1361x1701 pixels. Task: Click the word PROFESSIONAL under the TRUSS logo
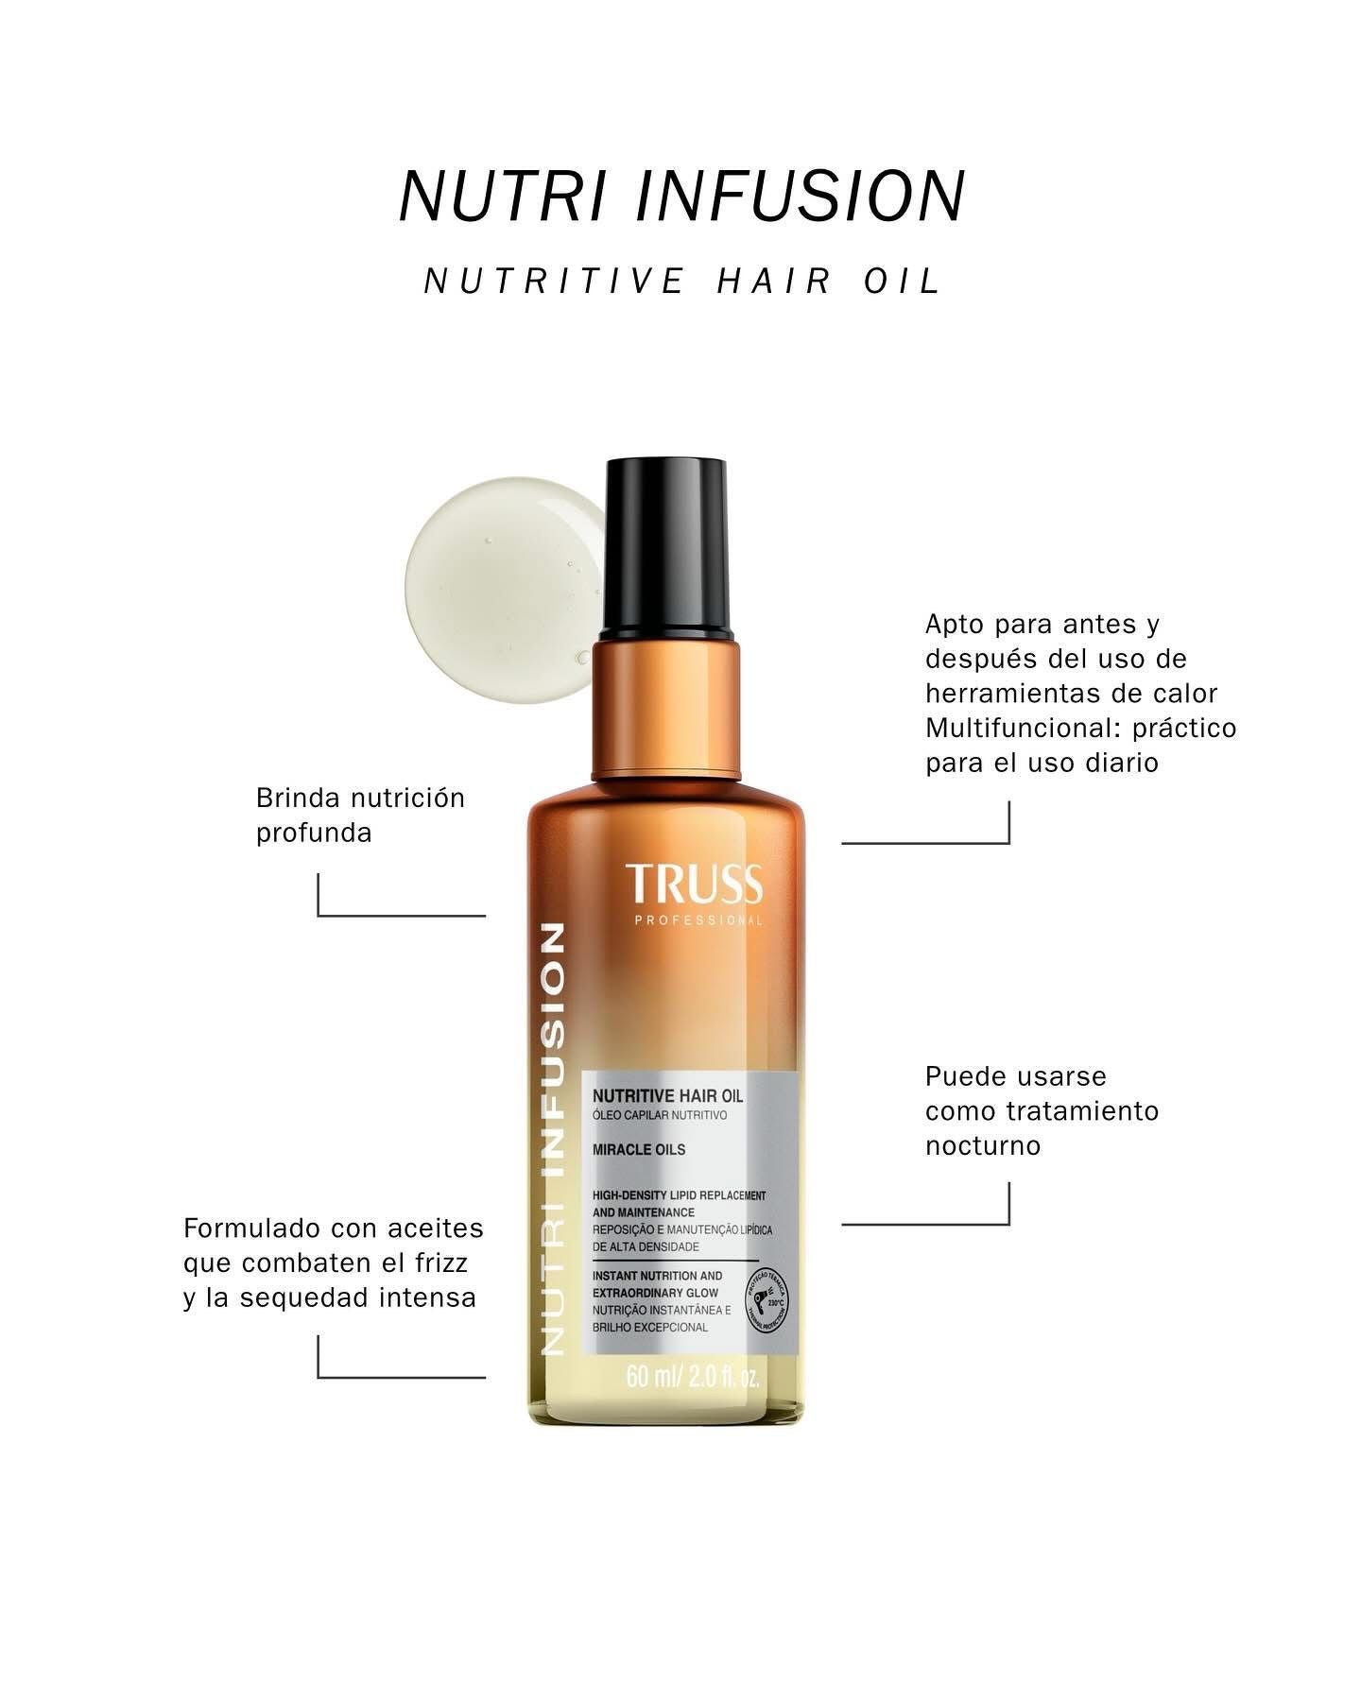coord(698,921)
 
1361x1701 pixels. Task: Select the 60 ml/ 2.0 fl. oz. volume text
coord(693,1377)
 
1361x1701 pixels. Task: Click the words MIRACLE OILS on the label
coord(639,1150)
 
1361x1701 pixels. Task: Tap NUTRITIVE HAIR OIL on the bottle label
coord(667,1096)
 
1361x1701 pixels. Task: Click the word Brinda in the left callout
coord(298,799)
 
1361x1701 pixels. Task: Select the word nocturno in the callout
coord(983,1146)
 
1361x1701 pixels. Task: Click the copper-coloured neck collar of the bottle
coord(666,709)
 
